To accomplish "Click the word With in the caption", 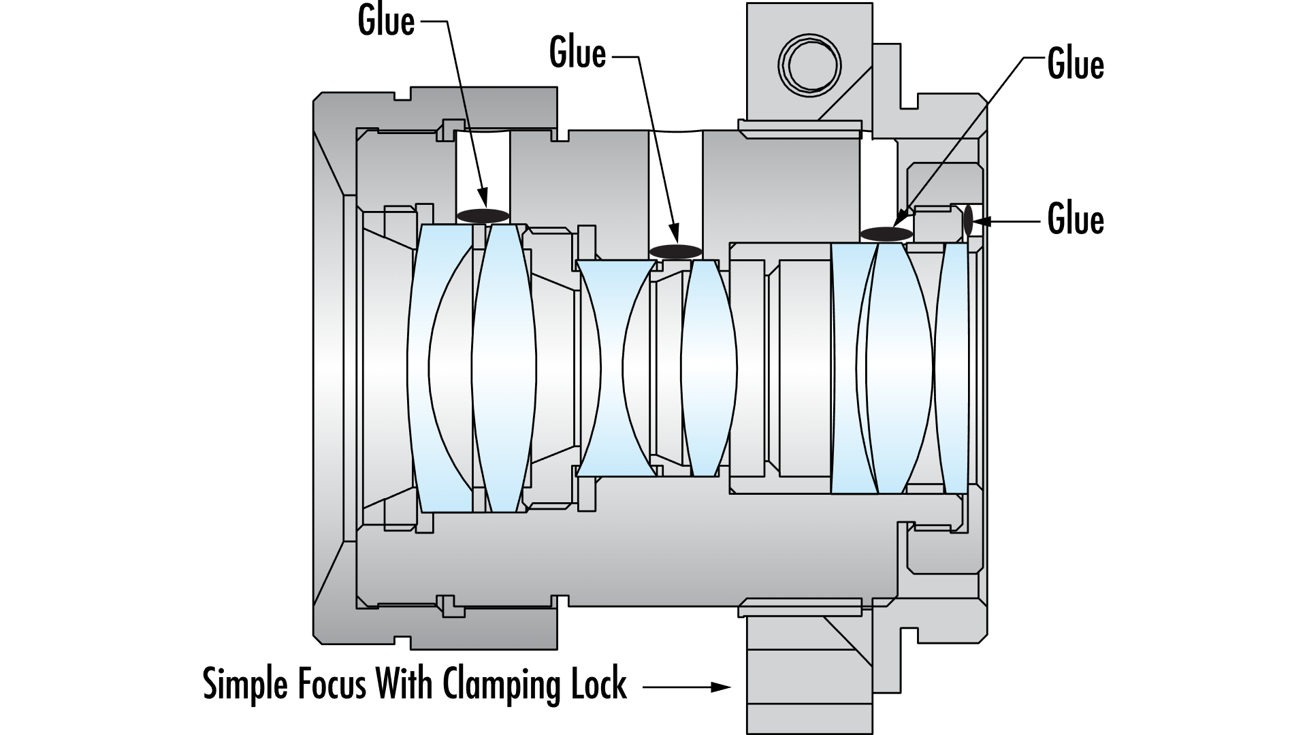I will [x=403, y=684].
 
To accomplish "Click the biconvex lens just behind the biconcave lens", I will [x=708, y=367].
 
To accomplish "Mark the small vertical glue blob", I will [x=967, y=222].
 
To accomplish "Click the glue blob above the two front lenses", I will [x=483, y=216].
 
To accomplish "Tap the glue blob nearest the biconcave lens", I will [x=675, y=251].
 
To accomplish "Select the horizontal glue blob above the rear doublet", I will [x=886, y=234].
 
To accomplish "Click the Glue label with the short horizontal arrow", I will [x=1076, y=220].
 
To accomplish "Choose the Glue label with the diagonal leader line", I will [x=1076, y=65].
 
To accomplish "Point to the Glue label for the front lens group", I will [x=386, y=22].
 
